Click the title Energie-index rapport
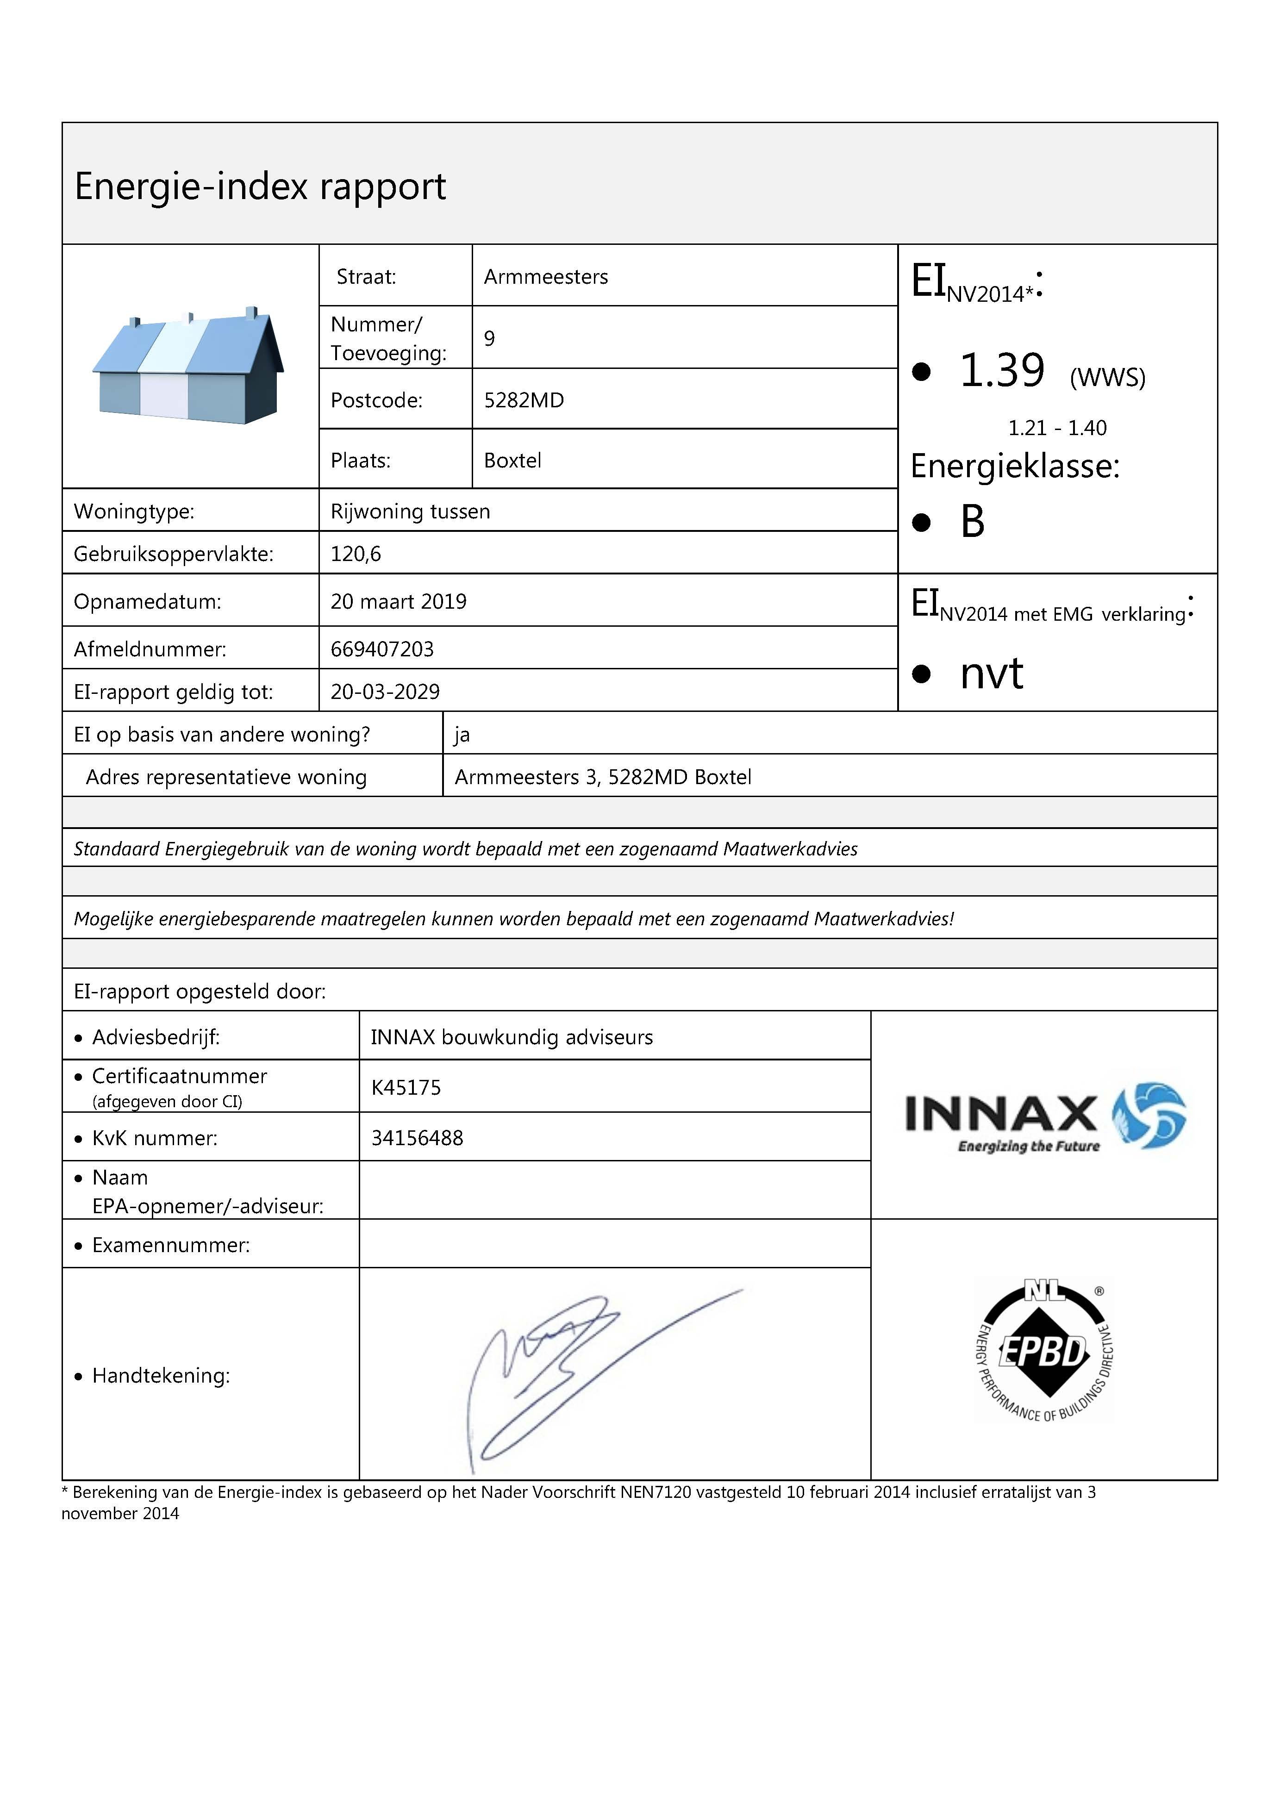(x=260, y=187)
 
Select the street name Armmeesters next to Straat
(x=545, y=277)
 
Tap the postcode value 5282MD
(x=524, y=400)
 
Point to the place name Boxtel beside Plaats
(x=512, y=460)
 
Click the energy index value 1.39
(x=1002, y=370)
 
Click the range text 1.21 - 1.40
(x=1057, y=428)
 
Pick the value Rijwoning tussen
(x=410, y=511)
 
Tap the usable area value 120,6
(x=356, y=554)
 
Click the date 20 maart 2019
(x=398, y=601)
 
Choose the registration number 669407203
(x=382, y=649)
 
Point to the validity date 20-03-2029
(x=385, y=692)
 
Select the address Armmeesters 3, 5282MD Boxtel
(x=603, y=777)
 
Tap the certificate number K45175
(x=406, y=1088)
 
